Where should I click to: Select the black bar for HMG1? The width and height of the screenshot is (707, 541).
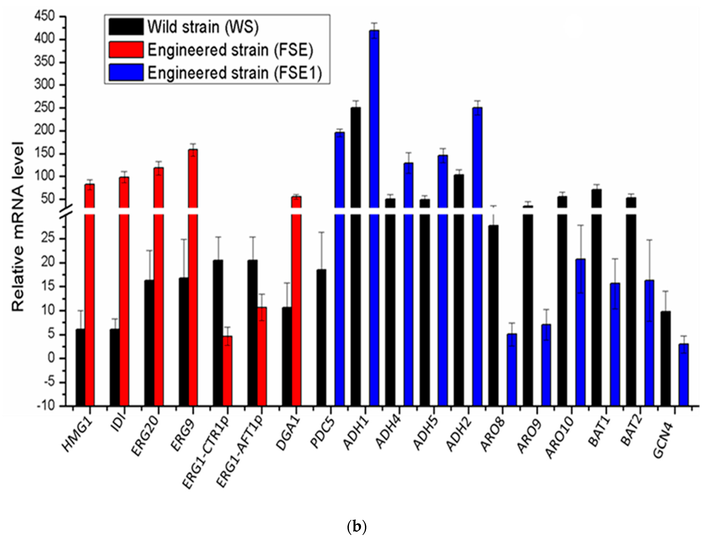coord(80,367)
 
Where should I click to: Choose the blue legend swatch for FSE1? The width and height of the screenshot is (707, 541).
coord(126,72)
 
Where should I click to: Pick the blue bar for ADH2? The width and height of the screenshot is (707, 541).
coord(477,225)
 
